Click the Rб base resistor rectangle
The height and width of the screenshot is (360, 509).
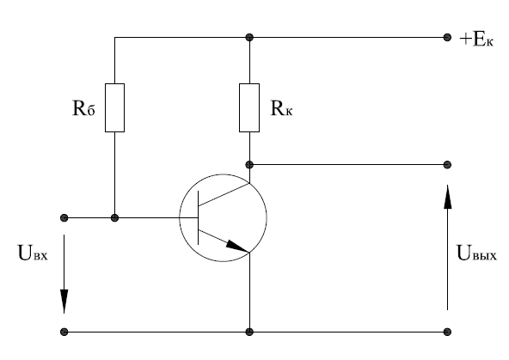(114, 107)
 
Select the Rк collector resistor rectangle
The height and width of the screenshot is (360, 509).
(249, 107)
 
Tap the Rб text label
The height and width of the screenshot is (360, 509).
(83, 108)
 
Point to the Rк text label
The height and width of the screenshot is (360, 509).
(281, 108)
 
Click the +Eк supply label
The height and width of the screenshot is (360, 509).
(476, 40)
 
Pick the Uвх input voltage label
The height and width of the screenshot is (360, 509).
(33, 253)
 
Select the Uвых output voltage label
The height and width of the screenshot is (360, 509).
(476, 253)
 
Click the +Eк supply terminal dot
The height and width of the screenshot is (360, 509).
(447, 37)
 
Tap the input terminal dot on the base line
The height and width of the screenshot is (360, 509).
(64, 217)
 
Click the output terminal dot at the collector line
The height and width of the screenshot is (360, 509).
(447, 165)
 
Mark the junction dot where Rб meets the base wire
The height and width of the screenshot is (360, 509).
(114, 217)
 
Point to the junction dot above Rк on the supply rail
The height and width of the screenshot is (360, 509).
(249, 37)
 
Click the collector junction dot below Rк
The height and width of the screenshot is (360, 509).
(249, 165)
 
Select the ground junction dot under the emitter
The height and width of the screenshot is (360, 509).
(249, 332)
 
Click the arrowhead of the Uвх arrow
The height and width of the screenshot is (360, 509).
(64, 301)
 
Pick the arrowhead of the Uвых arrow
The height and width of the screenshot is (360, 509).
(448, 197)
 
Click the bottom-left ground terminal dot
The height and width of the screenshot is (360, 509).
(64, 332)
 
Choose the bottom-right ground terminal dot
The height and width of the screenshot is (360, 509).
(447, 332)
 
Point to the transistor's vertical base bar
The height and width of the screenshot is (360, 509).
(199, 217)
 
